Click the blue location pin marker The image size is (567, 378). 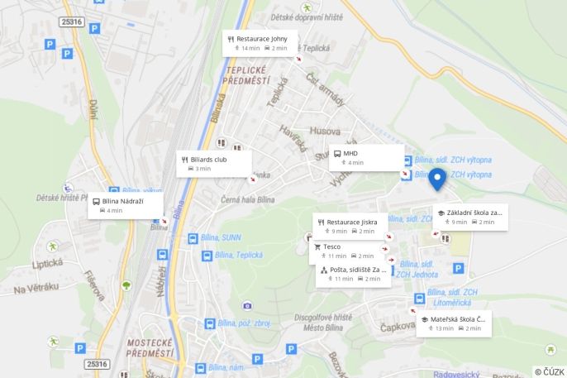coord(437,177)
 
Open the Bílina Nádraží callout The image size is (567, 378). coord(126,205)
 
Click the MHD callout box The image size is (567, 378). coord(366,157)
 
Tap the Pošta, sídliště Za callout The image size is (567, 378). coord(354,274)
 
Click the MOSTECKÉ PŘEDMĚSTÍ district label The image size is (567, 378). coord(150,347)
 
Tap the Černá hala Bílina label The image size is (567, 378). coord(248,200)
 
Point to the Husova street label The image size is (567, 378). coord(325,131)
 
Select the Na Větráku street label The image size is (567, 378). coord(36,288)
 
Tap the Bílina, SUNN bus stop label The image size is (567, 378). coord(219,237)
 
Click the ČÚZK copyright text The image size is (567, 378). coord(549,371)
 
